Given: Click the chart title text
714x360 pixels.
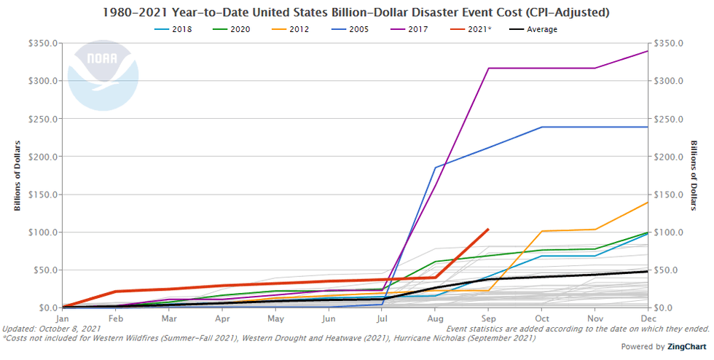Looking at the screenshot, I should [x=357, y=13].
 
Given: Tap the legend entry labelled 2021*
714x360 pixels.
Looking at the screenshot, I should [x=471, y=29].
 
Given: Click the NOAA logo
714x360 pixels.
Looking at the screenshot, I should [x=103, y=75].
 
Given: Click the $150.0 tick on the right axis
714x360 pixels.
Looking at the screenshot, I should [x=671, y=195].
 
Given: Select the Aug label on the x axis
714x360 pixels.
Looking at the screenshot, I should [x=435, y=318].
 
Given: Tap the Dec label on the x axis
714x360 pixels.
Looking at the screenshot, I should [x=648, y=318].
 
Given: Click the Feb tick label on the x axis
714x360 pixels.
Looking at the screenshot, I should [x=116, y=318].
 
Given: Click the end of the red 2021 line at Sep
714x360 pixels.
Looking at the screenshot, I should [x=488, y=229].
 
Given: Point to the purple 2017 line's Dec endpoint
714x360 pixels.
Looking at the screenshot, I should [x=648, y=51].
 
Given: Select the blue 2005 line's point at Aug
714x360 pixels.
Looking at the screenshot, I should [x=435, y=168].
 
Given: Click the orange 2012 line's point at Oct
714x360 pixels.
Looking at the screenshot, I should [x=541, y=231].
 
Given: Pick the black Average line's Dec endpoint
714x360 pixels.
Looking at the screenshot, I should [x=648, y=271].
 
